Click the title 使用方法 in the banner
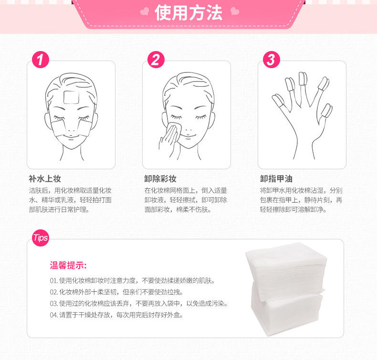click(x=188, y=13)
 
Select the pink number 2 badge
click(x=156, y=60)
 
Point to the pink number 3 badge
click(x=271, y=60)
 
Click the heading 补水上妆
click(x=45, y=179)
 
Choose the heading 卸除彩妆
click(x=160, y=179)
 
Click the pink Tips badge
click(x=40, y=237)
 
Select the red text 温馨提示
click(x=68, y=265)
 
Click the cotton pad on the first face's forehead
click(x=70, y=97)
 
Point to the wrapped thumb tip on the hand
click(x=327, y=111)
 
